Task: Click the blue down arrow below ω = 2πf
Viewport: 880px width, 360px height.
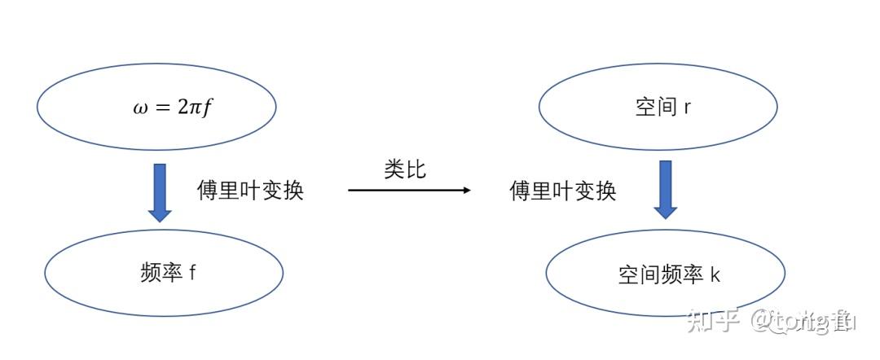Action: [160, 192]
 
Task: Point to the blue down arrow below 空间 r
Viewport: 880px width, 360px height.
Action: [666, 189]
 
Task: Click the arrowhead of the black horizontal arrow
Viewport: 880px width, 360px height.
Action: [466, 190]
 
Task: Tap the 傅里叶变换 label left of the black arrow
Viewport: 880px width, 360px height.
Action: [250, 191]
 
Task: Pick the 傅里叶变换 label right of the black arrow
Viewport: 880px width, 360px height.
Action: [563, 191]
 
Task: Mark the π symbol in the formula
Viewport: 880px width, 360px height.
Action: [194, 108]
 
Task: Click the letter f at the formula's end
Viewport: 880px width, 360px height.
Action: [207, 108]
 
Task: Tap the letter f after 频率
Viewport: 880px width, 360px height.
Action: [192, 272]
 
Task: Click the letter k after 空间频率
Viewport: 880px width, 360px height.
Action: [715, 275]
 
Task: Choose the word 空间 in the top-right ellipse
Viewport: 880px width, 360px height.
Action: [656, 107]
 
